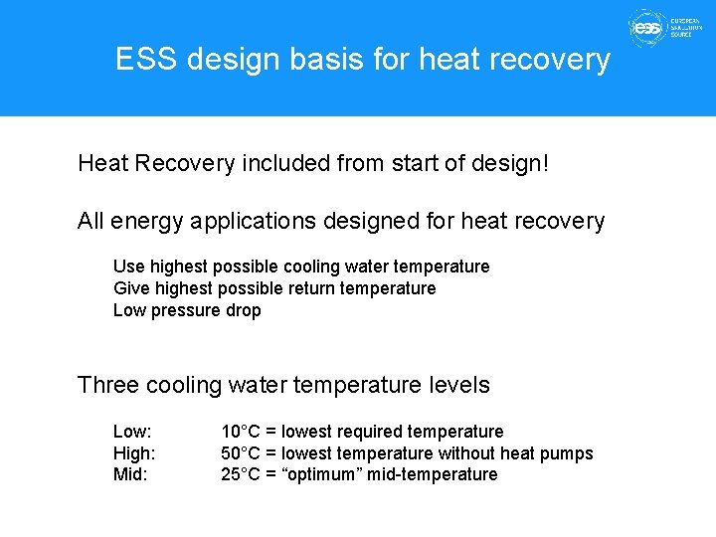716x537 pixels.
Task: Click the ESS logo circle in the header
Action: coord(647,29)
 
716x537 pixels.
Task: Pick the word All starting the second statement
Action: coord(91,221)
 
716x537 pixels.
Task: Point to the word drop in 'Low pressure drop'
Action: coord(243,310)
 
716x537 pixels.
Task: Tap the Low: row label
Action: coord(132,432)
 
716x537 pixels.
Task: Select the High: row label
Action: coord(134,453)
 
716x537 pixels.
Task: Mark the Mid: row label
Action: coord(130,474)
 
